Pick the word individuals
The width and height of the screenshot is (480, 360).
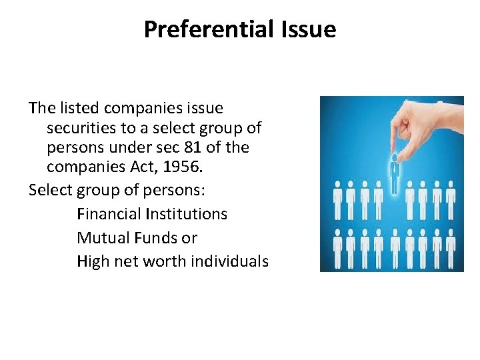pyautogui.click(x=229, y=261)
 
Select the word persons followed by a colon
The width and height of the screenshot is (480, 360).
pyautogui.click(x=179, y=190)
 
